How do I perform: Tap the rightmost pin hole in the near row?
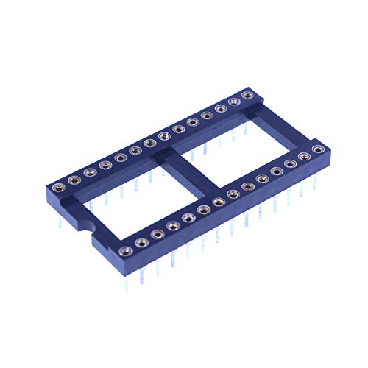pos(318,149)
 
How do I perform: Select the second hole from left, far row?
pos(74,179)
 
